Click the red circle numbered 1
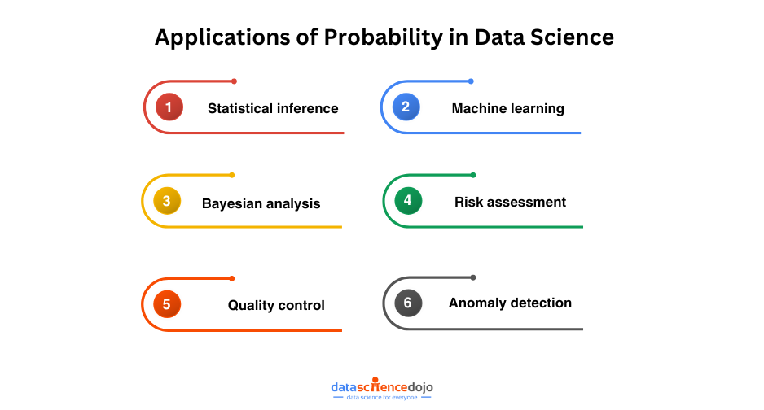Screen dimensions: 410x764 point(169,107)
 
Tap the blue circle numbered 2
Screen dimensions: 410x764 point(406,107)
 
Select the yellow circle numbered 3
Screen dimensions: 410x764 point(167,202)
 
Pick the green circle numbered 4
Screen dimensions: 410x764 point(408,201)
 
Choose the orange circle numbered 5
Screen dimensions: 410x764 point(167,305)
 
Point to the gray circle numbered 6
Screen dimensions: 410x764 point(408,303)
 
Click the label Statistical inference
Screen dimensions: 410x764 point(273,108)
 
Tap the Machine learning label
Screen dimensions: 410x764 point(507,108)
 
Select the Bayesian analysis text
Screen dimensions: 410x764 point(261,203)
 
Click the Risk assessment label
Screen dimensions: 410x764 point(510,202)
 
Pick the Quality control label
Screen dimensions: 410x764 point(276,306)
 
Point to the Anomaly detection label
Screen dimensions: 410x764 point(510,303)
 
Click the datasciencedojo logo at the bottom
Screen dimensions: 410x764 point(382,386)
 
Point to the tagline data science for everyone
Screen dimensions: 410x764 point(382,398)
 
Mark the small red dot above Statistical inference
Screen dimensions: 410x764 point(234,81)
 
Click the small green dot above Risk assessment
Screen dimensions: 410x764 point(472,175)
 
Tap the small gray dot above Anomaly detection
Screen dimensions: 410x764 point(472,277)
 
